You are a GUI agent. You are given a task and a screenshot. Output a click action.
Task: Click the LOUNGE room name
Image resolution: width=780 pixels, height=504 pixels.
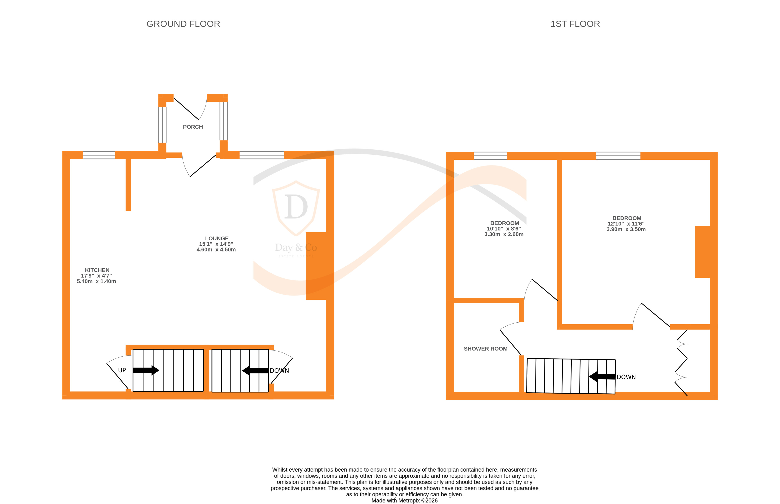(x=217, y=239)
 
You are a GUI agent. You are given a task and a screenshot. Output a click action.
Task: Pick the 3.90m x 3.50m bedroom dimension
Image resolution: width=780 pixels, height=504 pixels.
(x=626, y=229)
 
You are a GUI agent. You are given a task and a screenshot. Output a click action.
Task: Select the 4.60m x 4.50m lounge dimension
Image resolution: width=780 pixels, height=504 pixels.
(x=216, y=250)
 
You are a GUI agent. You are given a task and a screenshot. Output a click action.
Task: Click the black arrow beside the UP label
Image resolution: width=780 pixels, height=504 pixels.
(x=146, y=370)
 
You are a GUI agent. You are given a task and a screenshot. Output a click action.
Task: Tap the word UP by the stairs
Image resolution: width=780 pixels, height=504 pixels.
(x=122, y=370)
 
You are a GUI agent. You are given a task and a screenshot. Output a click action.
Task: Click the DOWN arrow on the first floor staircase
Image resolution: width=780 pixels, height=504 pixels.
(x=602, y=377)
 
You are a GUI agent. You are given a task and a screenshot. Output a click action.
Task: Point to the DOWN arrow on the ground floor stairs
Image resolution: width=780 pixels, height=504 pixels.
(x=255, y=370)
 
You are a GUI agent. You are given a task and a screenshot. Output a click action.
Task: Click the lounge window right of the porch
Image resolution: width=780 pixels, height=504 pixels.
(x=262, y=155)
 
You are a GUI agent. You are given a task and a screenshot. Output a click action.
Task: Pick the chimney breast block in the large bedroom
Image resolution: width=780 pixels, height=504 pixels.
(x=702, y=252)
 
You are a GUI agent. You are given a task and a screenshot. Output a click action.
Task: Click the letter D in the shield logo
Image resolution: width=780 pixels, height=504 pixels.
(x=296, y=207)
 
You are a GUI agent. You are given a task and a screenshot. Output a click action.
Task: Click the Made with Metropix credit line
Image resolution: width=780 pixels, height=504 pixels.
(x=404, y=500)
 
